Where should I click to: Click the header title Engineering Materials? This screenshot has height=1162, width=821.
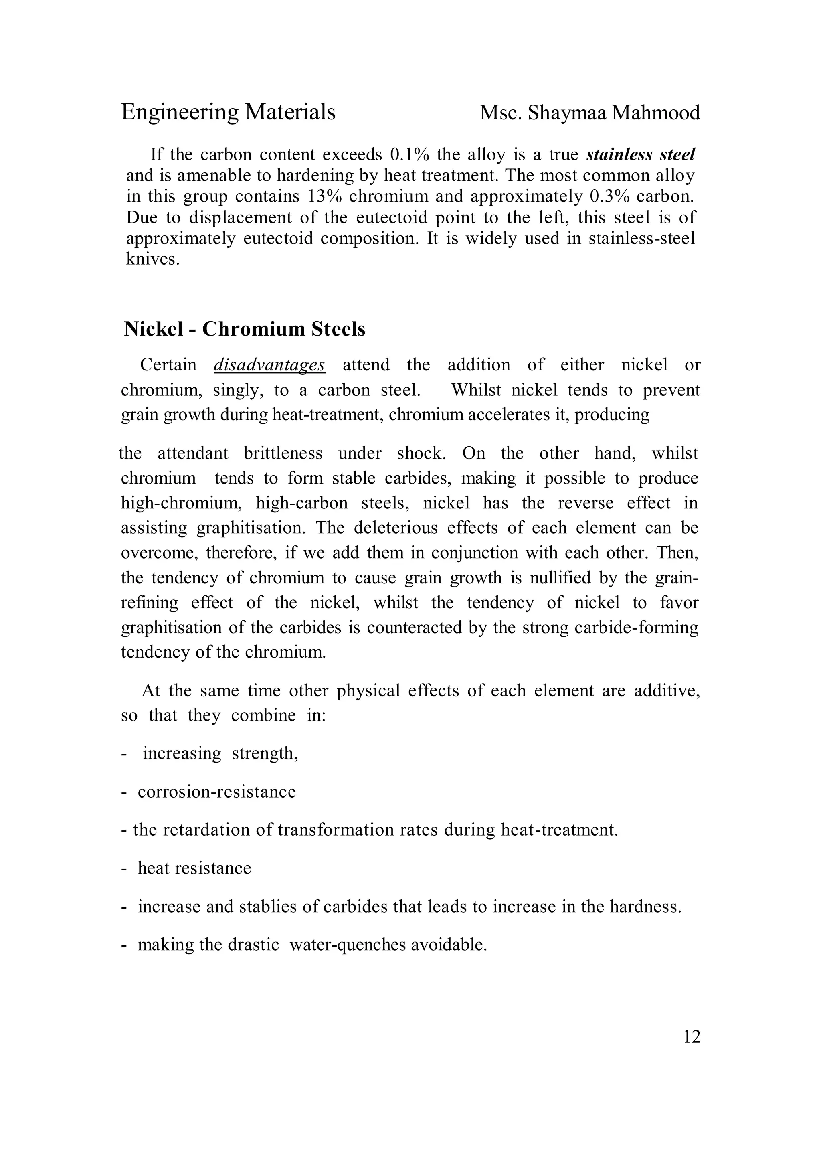coord(228,112)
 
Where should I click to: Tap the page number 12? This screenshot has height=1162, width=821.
coord(692,1037)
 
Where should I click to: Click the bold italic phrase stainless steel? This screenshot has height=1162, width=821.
coord(641,154)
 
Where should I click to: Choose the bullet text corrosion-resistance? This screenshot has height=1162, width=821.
coord(216,792)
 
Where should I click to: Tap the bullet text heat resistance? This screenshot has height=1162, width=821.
coord(194,868)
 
